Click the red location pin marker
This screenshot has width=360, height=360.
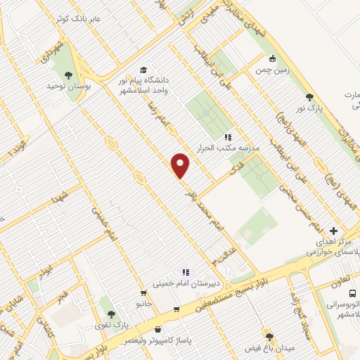181,165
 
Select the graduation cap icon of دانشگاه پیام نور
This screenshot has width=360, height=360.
144,70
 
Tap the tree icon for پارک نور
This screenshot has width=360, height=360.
309,97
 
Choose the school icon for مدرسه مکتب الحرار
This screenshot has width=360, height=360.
227,138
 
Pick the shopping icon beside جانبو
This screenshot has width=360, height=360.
143,294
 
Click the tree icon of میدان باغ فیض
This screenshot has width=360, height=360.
269,337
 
